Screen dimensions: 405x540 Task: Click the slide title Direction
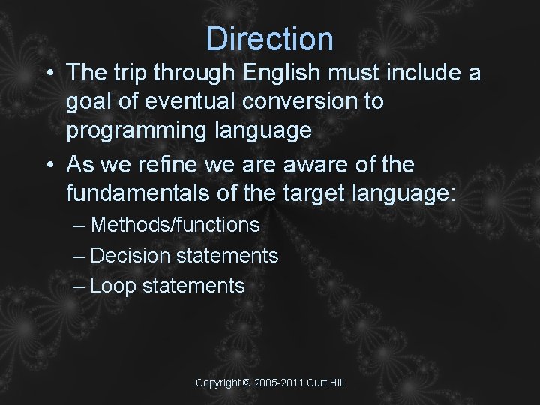pyautogui.click(x=270, y=38)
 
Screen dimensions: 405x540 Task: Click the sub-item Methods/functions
pyautogui.click(x=175, y=225)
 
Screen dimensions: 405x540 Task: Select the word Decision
pyautogui.click(x=130, y=256)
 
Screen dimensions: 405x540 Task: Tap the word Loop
pyautogui.click(x=112, y=286)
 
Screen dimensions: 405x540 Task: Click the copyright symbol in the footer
pyautogui.click(x=247, y=383)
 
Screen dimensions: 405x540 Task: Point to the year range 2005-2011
pyautogui.click(x=279, y=383)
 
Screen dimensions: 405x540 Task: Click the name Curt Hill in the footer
pyautogui.click(x=325, y=383)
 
